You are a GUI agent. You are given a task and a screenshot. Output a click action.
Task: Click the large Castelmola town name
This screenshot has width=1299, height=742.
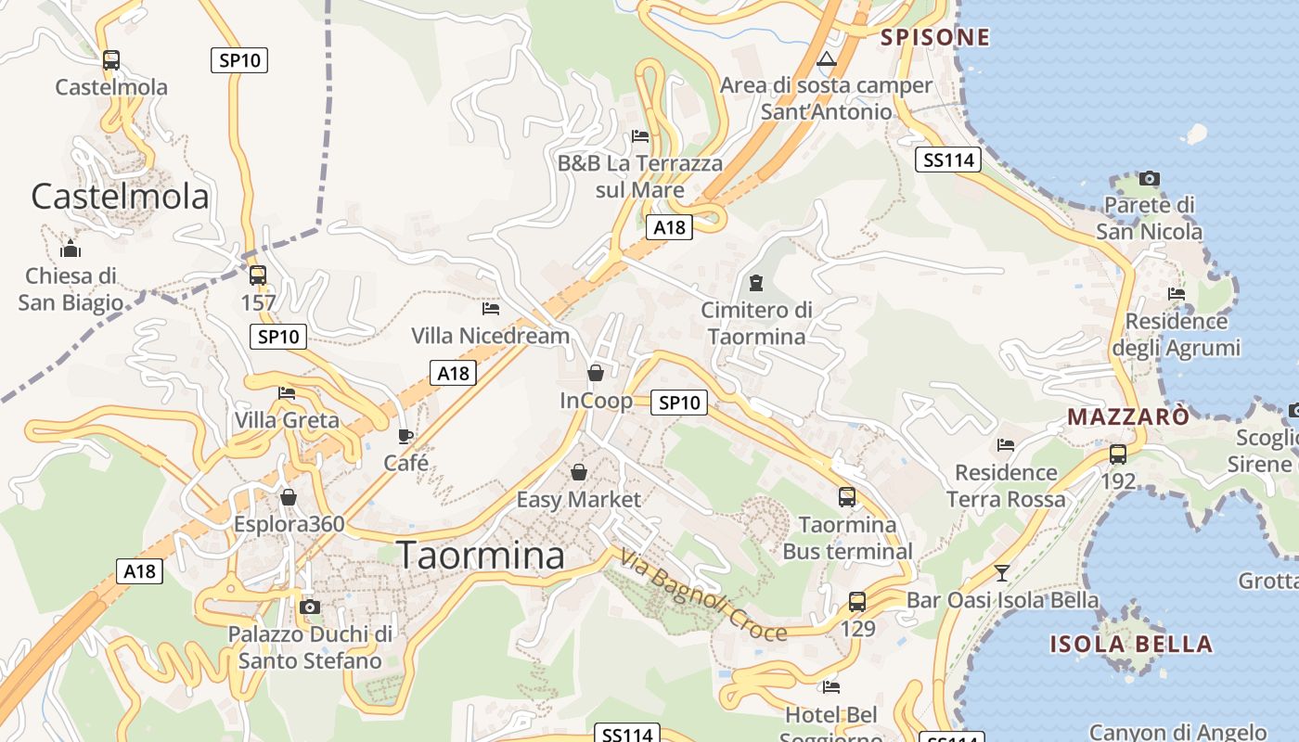coord(120,197)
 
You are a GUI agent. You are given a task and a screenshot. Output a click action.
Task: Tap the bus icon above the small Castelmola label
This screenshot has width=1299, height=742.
coord(111,60)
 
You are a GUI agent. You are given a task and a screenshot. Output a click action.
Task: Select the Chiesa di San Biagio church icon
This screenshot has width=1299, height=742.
coord(71,249)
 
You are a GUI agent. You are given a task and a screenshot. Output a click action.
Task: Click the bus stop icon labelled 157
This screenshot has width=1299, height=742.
coord(258,275)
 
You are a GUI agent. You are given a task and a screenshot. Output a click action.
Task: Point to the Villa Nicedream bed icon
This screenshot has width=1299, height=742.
coord(491,308)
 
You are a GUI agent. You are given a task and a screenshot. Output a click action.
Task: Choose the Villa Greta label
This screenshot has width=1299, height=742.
coord(287,420)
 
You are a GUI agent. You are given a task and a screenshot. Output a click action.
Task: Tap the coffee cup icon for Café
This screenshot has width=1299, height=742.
coord(405,436)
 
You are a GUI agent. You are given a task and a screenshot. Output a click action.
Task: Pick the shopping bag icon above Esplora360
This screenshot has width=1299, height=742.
coord(289,497)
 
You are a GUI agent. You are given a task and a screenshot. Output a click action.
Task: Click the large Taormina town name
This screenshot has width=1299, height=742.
coord(481,555)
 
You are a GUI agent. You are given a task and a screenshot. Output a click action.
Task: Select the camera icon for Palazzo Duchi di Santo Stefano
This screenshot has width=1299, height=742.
coord(310,608)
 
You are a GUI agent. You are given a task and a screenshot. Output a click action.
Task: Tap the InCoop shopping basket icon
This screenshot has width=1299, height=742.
coord(596,373)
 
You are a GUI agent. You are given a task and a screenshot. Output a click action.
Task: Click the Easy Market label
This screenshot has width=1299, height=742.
coord(578,500)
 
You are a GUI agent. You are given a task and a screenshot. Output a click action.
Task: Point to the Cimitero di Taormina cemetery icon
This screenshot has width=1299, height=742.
coord(756,282)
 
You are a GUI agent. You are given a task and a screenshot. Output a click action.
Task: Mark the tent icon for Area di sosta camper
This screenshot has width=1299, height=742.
coord(827,59)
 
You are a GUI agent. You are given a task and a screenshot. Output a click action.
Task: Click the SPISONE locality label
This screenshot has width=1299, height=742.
coord(935,37)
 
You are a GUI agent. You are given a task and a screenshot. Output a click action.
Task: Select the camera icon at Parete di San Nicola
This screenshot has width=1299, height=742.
coord(1150,178)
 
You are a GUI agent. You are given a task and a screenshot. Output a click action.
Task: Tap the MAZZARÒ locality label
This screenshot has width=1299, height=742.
coord(1127,416)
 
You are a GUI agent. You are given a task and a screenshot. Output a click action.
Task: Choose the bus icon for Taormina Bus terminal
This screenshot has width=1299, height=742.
coord(847,497)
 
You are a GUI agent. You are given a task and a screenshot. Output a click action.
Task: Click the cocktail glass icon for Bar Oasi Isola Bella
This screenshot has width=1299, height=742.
coord(1002,572)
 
